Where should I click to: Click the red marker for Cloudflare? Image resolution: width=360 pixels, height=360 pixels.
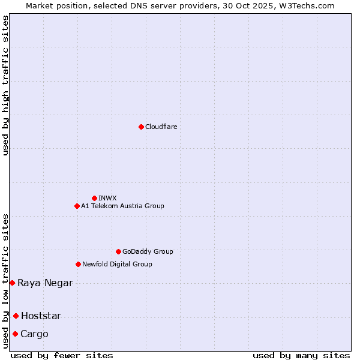pyautogui.click(x=141, y=127)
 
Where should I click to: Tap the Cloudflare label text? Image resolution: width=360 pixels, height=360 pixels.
pyautogui.click(x=161, y=127)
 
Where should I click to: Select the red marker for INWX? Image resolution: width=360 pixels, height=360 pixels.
pyautogui.click(x=94, y=198)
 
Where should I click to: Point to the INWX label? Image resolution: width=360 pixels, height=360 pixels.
pyautogui.click(x=107, y=198)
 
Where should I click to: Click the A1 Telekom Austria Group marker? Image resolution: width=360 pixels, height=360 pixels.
pyautogui.click(x=77, y=206)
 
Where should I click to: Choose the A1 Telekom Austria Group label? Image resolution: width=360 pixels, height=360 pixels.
pyautogui.click(x=122, y=206)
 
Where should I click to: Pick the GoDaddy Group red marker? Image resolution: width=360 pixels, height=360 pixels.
pyautogui.click(x=118, y=251)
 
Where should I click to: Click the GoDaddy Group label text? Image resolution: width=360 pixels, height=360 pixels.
pyautogui.click(x=148, y=251)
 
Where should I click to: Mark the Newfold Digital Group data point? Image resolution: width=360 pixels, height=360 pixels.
pyautogui.click(x=78, y=264)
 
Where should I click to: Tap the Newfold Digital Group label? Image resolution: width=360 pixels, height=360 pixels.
pyautogui.click(x=117, y=264)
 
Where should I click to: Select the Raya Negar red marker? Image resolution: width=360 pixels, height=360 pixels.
pyautogui.click(x=12, y=283)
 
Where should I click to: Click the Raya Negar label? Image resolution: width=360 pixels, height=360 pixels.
pyautogui.click(x=45, y=283)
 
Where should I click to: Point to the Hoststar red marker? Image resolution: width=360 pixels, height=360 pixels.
pyautogui.click(x=16, y=316)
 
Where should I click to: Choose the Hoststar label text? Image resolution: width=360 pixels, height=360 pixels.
pyautogui.click(x=41, y=316)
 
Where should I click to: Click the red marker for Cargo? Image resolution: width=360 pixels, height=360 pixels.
pyautogui.click(x=15, y=334)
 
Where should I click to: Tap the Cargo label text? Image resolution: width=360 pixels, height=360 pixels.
pyautogui.click(x=34, y=334)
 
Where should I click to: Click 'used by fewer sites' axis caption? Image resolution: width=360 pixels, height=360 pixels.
pyautogui.click(x=62, y=356)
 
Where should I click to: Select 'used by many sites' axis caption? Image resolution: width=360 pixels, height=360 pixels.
pyautogui.click(x=301, y=356)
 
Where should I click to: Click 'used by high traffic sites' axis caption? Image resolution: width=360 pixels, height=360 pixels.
pyautogui.click(x=6, y=85)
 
